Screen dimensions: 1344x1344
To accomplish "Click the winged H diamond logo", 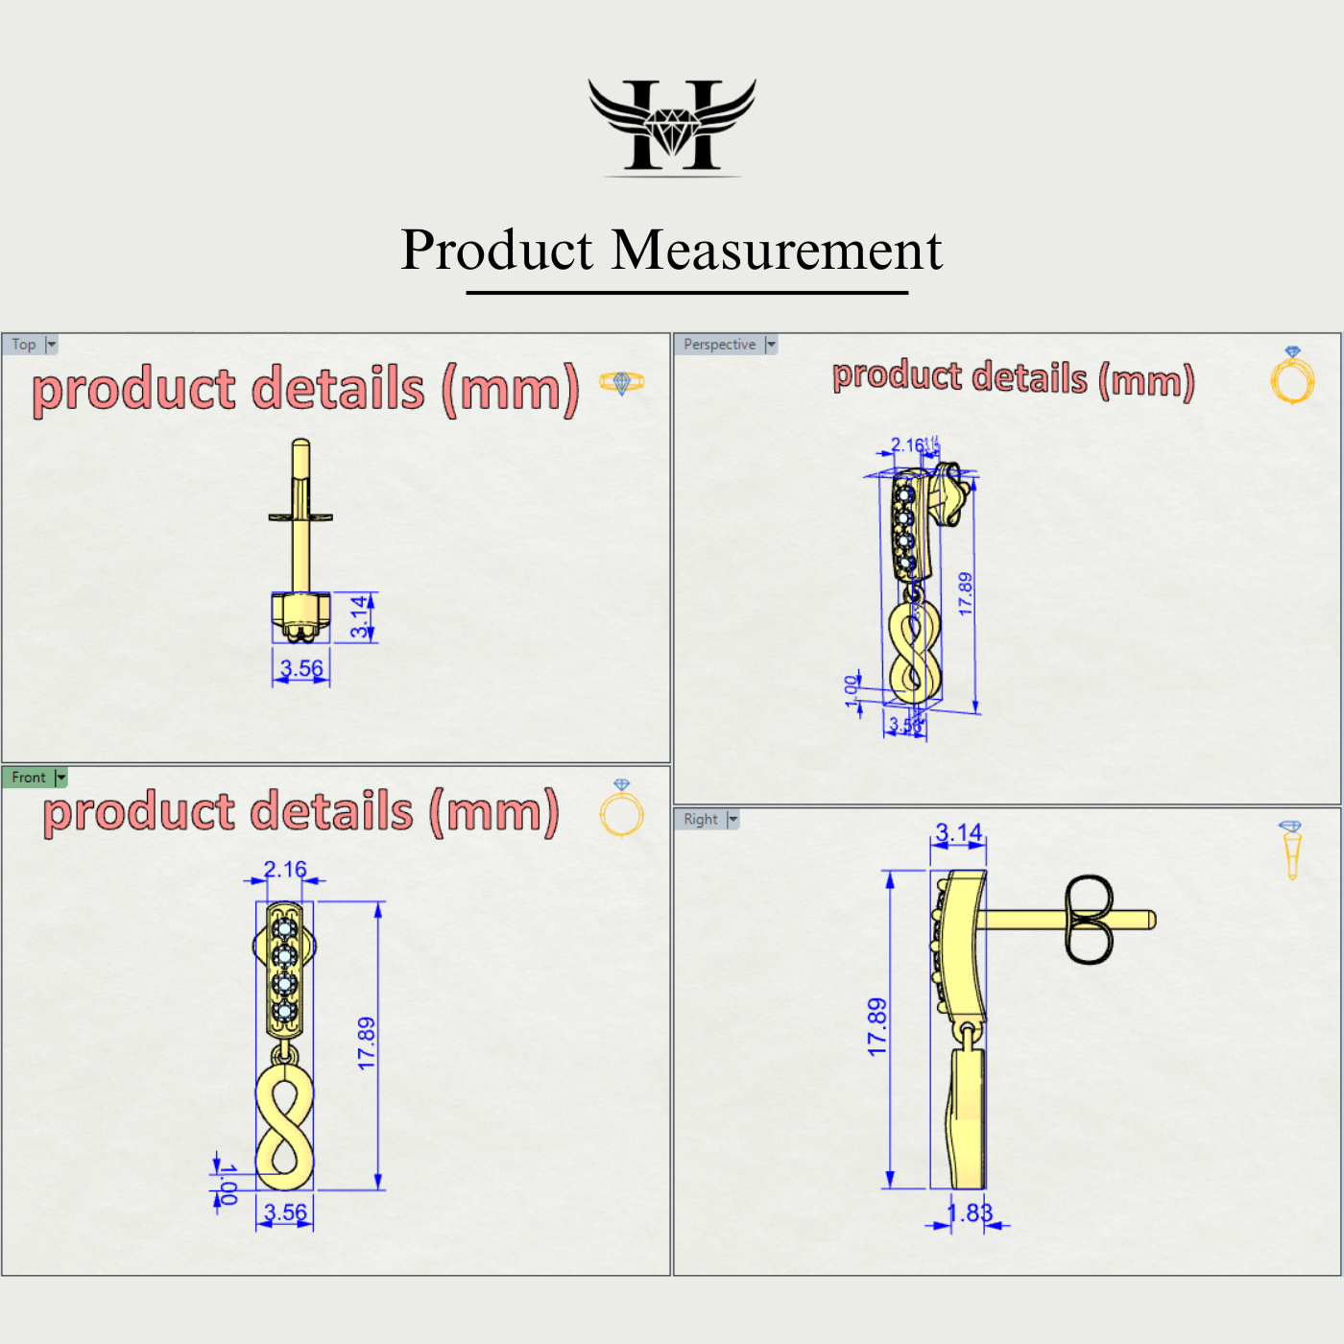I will (672, 126).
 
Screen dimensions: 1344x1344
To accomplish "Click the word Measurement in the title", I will (777, 251).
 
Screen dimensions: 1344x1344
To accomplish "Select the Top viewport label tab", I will (24, 345).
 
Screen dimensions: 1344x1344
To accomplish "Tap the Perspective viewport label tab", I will (719, 345).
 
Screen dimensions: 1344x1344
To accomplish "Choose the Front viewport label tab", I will (29, 778).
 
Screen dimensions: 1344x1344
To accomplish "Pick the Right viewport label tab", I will (701, 819).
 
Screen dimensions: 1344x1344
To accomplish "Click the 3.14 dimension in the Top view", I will (359, 616).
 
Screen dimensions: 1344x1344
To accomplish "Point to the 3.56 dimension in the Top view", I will (301, 668).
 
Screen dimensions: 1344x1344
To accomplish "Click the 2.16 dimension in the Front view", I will (285, 869).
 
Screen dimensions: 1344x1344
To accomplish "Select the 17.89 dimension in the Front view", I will (367, 1043).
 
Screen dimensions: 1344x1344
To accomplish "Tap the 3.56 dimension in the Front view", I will (285, 1212).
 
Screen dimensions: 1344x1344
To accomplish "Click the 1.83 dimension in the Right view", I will (970, 1213).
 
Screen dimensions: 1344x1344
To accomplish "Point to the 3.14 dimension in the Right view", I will (958, 832).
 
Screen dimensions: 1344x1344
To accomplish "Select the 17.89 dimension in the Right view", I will (877, 1027).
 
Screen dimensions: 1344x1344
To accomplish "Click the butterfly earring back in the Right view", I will (1089, 920).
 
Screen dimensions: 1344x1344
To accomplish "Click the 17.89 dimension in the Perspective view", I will (965, 593).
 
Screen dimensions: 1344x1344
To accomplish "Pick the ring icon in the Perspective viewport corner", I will (1292, 376).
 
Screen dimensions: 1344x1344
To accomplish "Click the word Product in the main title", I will (497, 251).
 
